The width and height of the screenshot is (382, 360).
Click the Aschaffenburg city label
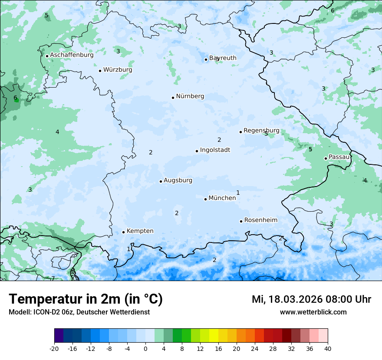72,55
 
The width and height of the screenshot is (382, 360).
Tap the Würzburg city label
118,70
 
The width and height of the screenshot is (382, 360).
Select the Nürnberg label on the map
190,96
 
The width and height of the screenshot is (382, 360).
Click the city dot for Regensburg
240,132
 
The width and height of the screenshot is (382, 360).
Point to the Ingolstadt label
215,150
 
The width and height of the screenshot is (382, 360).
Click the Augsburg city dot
161,181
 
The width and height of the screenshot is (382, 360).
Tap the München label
222,198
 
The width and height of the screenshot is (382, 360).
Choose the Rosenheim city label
260,220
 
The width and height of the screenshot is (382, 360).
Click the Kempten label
140,231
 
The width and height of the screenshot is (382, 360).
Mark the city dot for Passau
326,158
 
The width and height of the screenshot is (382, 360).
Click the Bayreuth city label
223,58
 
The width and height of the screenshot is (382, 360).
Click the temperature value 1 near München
238,193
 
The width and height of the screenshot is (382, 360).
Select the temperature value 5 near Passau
310,150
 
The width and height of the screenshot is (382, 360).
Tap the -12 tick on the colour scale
90,348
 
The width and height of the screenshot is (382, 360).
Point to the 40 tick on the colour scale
327,348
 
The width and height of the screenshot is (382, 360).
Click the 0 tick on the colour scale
145,348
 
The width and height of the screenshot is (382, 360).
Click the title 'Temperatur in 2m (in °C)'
86,299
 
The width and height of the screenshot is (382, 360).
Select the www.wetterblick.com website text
313,312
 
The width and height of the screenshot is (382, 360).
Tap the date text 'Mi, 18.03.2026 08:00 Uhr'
311,299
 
